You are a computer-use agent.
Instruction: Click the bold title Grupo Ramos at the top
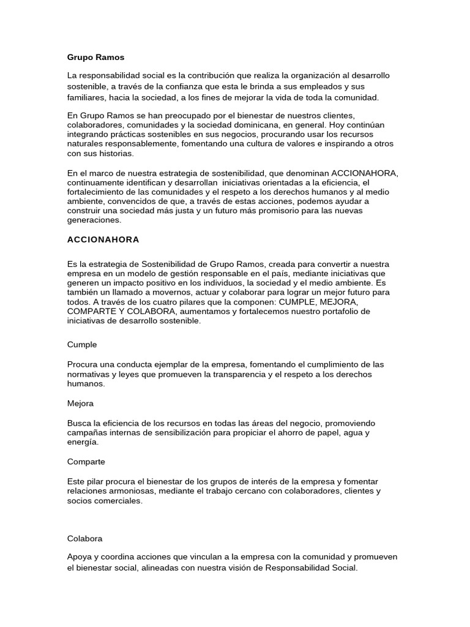tap(95, 57)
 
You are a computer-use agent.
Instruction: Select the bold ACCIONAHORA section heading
tap(103, 239)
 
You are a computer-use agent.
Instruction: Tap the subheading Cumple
tap(82, 345)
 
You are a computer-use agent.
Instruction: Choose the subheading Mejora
tap(80, 404)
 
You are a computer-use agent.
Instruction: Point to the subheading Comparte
tap(86, 461)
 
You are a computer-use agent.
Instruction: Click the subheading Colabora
tap(84, 538)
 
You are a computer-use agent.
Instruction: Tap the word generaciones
tap(94, 220)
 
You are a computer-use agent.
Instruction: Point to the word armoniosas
tap(134, 491)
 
